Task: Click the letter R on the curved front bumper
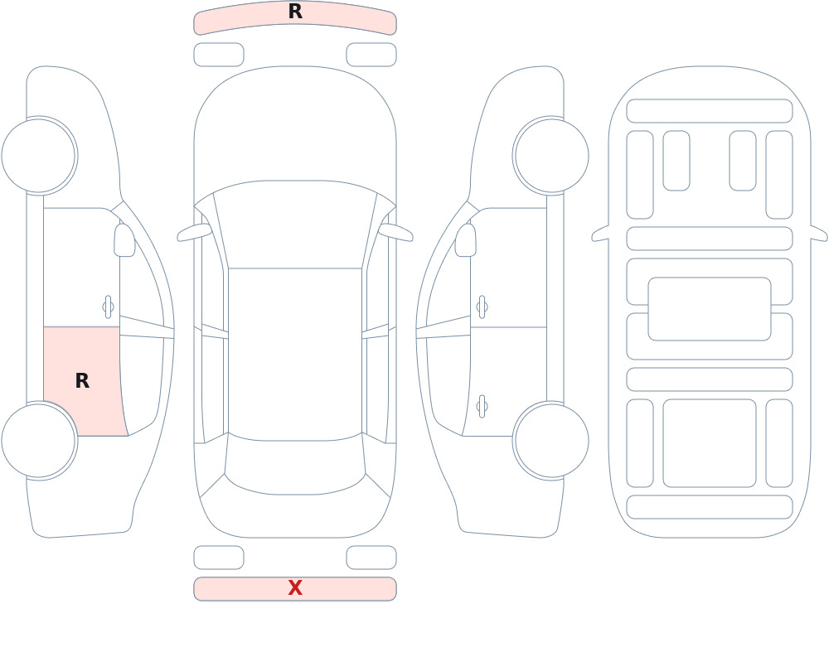295,12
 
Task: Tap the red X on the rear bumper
295,587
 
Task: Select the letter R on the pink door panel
82,380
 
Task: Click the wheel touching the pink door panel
39,440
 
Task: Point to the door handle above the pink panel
109,307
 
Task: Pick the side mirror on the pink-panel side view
124,240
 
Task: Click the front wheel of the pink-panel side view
39,156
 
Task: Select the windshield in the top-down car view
295,225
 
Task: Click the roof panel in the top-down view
295,353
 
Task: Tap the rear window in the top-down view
295,464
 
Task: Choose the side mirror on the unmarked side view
466,240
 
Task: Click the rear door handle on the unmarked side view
482,407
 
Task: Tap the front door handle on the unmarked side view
482,307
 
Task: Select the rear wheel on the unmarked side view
551,440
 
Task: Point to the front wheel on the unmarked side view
551,156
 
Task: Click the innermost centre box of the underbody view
710,309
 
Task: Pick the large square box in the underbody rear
710,443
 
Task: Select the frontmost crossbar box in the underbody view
710,111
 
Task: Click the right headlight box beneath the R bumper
371,55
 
